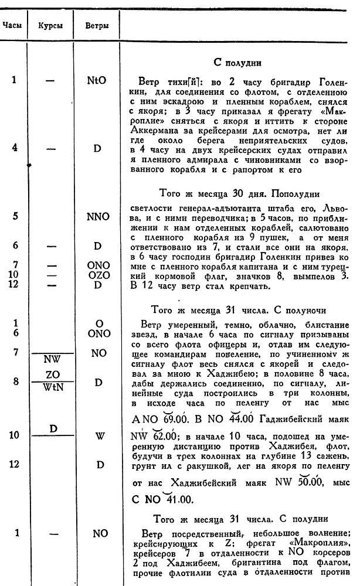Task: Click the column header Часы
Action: point(13,26)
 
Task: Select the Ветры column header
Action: point(96,26)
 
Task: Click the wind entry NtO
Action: point(97,80)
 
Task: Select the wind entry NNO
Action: point(97,216)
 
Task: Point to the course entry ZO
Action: point(52,374)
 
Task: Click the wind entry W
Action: point(97,435)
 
